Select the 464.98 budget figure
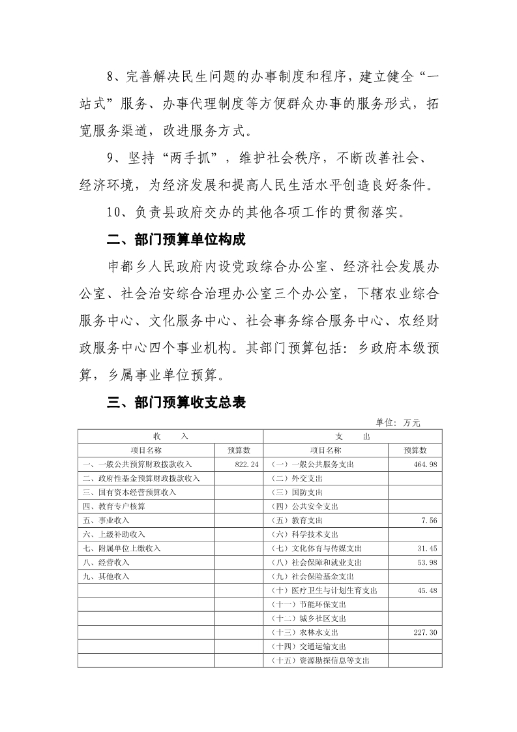426,464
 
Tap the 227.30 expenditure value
426,632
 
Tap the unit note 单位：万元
398,423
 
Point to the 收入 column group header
170,436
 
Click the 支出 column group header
353,436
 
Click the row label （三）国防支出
297,492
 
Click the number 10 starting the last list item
112,212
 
